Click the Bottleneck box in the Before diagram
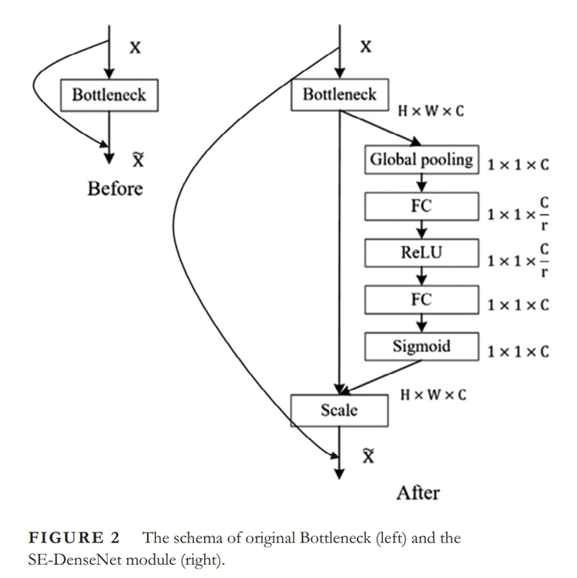[109, 96]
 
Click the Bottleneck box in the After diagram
[340, 96]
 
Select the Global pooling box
[421, 160]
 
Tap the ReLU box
[421, 251]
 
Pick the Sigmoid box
[421, 346]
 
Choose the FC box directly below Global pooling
[421, 207]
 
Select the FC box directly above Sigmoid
[421, 299]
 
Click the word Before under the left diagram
[115, 189]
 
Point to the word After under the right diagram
[418, 492]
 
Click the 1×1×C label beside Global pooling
[518, 165]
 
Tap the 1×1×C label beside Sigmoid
[518, 351]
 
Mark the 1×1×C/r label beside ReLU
[518, 257]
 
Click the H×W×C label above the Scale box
[432, 395]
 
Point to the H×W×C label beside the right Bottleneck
[431, 113]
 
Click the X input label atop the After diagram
[367, 47]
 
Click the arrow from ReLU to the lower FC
[421, 275]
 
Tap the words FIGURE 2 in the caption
[73, 538]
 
